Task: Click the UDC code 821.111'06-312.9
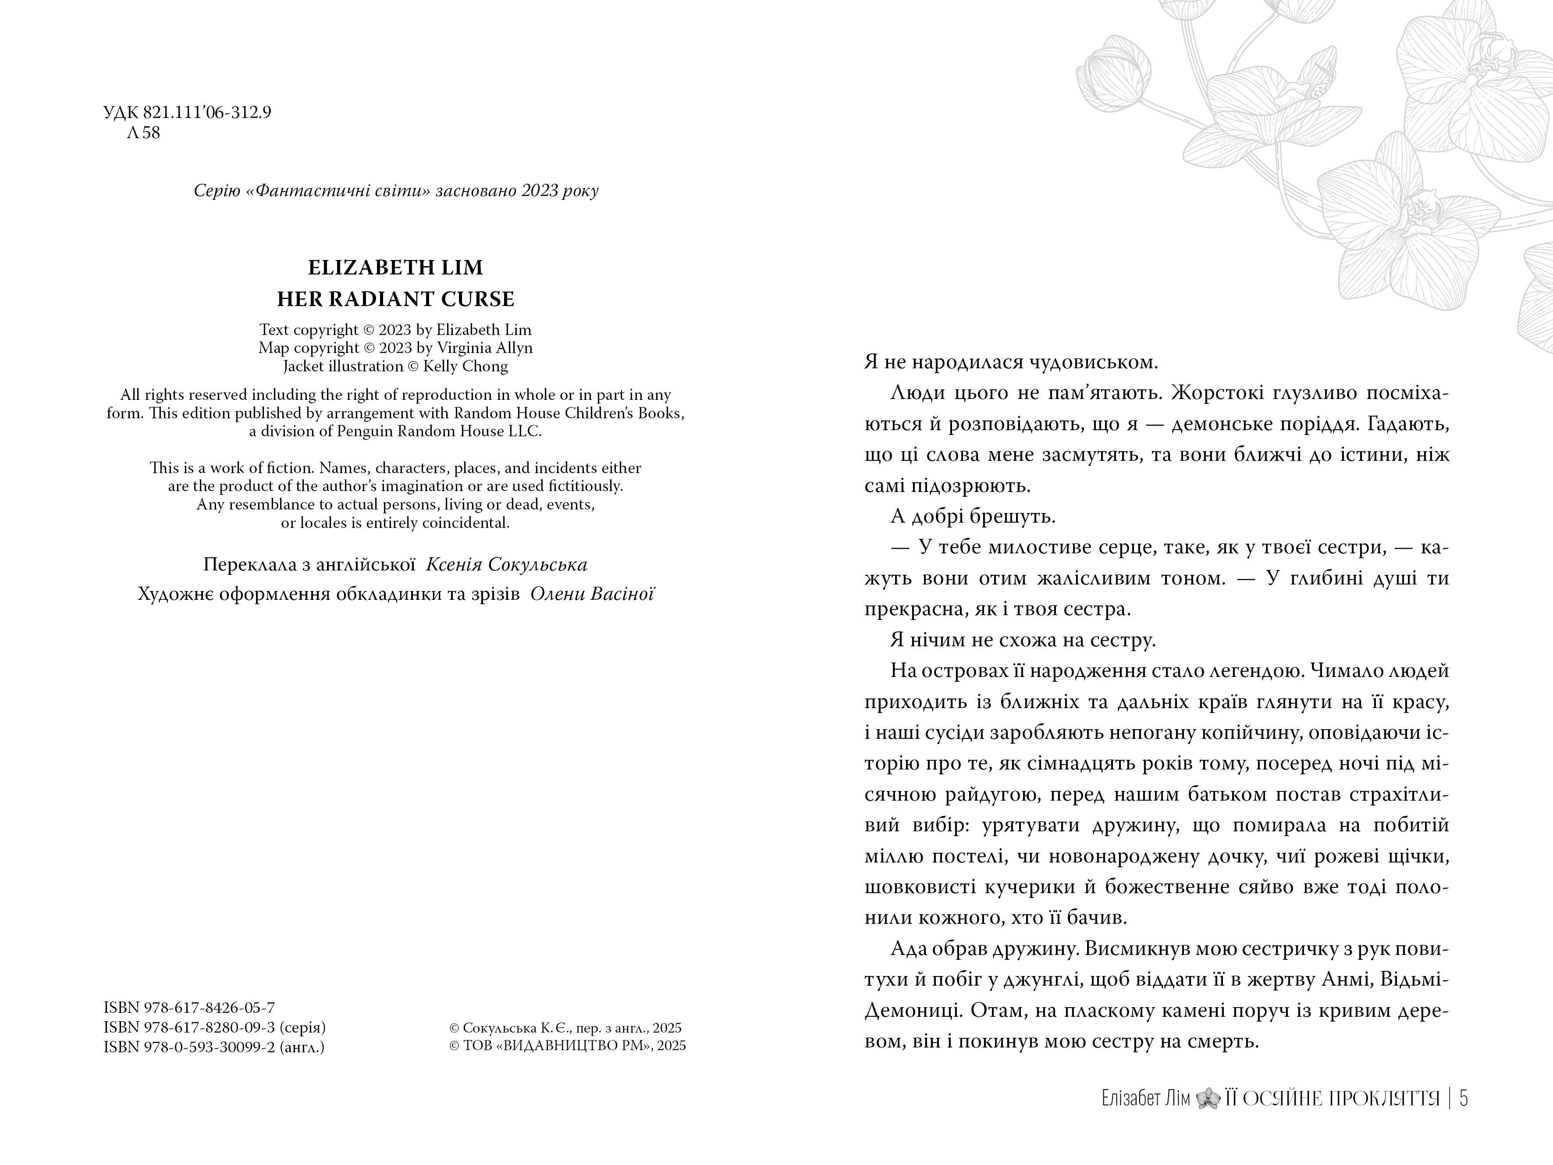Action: [207, 112]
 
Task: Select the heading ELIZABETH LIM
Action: [395, 267]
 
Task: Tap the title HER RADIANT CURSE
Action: [395, 299]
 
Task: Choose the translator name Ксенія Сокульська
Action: [507, 565]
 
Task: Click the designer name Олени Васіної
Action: [592, 594]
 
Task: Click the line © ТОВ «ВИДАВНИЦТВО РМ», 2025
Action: [567, 1046]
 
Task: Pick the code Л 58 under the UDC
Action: [143, 133]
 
